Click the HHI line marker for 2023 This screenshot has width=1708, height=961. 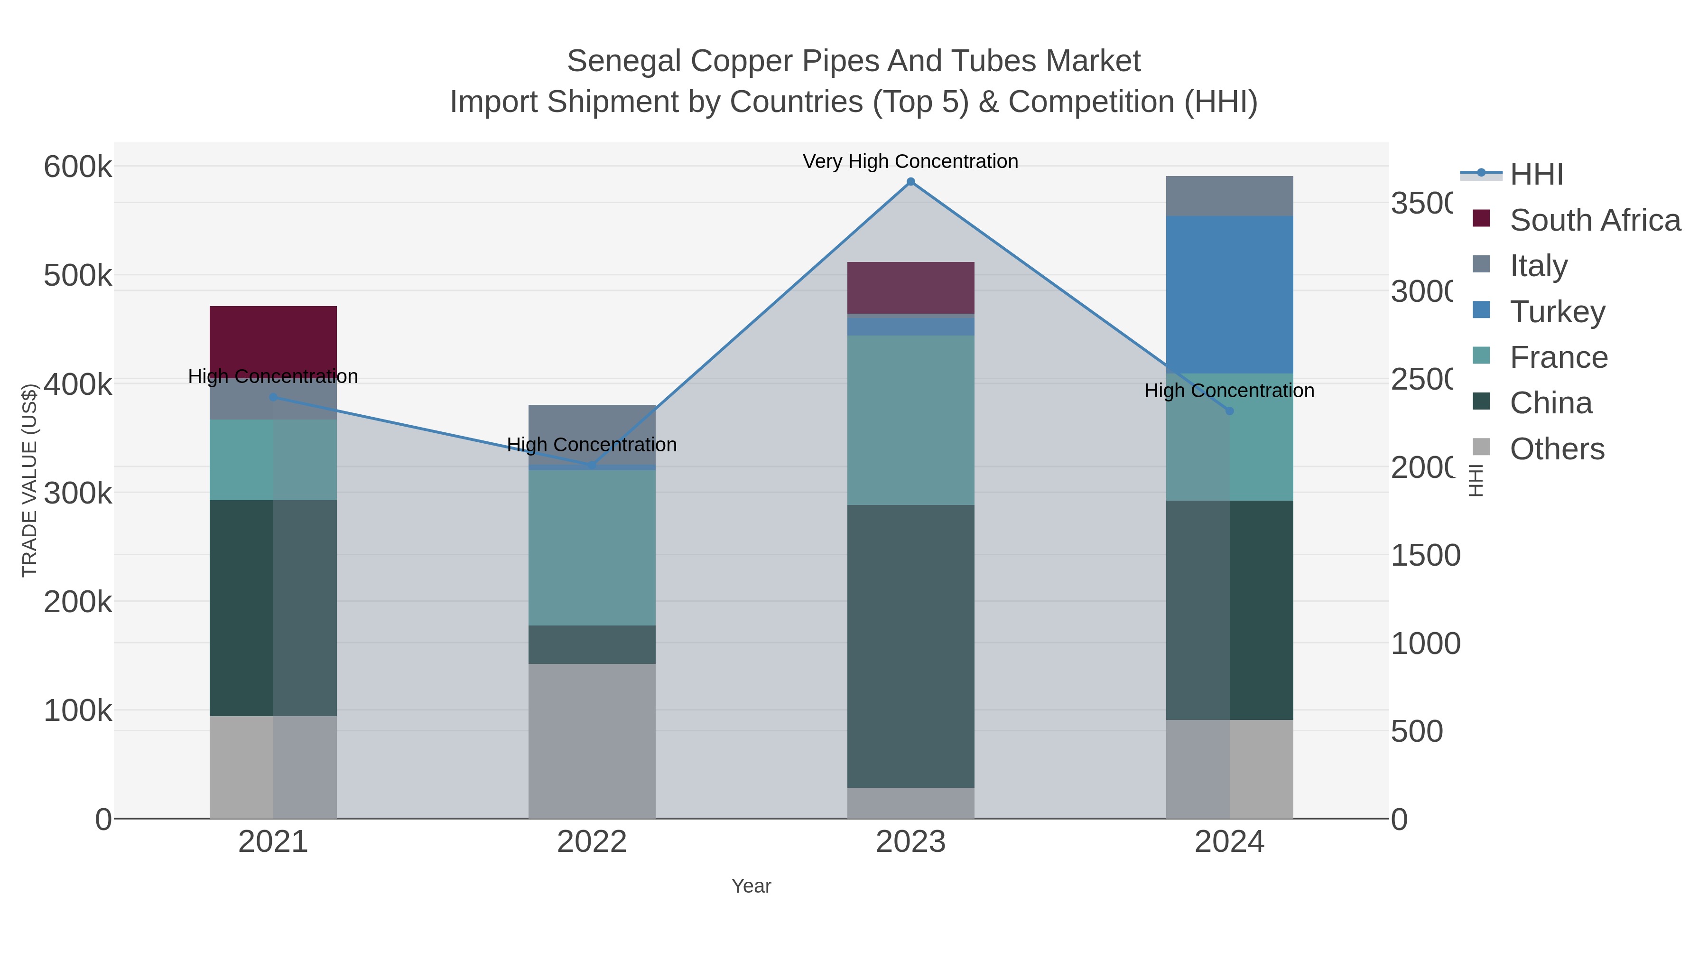pyautogui.click(x=910, y=182)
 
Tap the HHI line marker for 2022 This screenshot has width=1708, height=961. pyautogui.click(x=592, y=466)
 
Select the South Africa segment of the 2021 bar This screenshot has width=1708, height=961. pyautogui.click(x=273, y=337)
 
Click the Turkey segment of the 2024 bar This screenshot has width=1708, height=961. pyautogui.click(x=1229, y=294)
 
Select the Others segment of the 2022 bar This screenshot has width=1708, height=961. pyautogui.click(x=592, y=741)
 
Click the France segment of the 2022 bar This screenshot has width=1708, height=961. pyautogui.click(x=592, y=547)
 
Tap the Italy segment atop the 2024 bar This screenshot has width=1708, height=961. pyautogui.click(x=1229, y=196)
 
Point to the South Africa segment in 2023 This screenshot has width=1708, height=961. pyautogui.click(x=910, y=287)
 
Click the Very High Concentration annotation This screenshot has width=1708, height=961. pyautogui.click(x=910, y=161)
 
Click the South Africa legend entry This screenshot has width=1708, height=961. pyautogui.click(x=1595, y=220)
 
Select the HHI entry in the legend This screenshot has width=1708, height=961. pyautogui.click(x=1536, y=174)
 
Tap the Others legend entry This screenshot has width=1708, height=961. pyautogui.click(x=1557, y=448)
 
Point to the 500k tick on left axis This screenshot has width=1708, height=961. pyautogui.click(x=78, y=275)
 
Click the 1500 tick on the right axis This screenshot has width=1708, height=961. pyautogui.click(x=1425, y=555)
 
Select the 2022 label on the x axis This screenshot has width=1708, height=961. pyautogui.click(x=592, y=841)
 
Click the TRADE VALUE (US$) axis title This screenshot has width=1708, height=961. pyautogui.click(x=29, y=480)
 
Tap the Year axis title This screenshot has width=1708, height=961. pyautogui.click(x=751, y=886)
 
